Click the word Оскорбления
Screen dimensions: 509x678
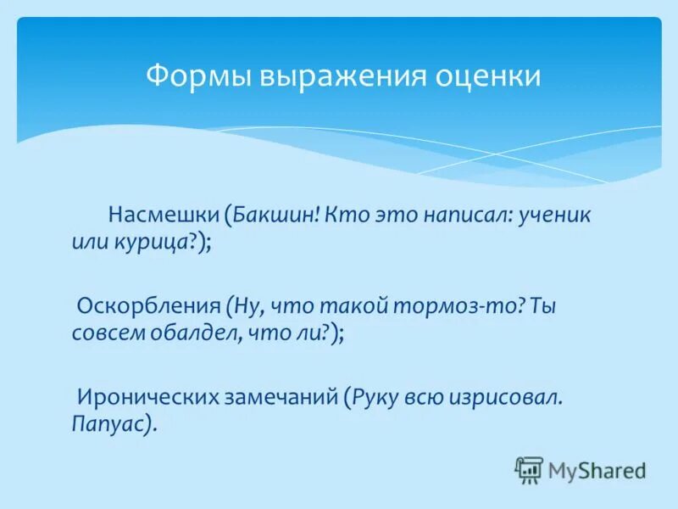pos(149,305)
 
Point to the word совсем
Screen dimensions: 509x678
pos(107,333)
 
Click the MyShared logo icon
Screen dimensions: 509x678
pos(529,469)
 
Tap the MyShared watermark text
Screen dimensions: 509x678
pos(597,469)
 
